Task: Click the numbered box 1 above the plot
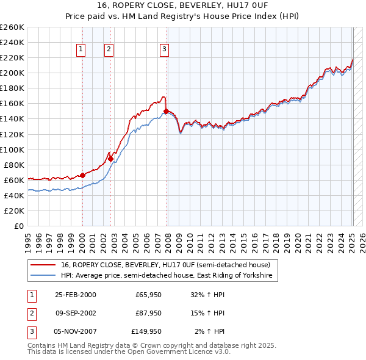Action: pos(82,50)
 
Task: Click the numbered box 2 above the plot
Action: pos(109,50)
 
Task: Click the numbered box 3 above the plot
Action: pos(165,50)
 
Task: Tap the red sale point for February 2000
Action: pos(83,175)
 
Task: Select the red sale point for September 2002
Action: pos(110,159)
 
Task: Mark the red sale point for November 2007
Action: pos(166,111)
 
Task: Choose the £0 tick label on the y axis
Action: pos(18,226)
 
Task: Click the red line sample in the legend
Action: pos(43,265)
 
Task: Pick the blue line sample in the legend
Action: pos(43,276)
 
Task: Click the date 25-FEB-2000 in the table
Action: pos(75,295)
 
